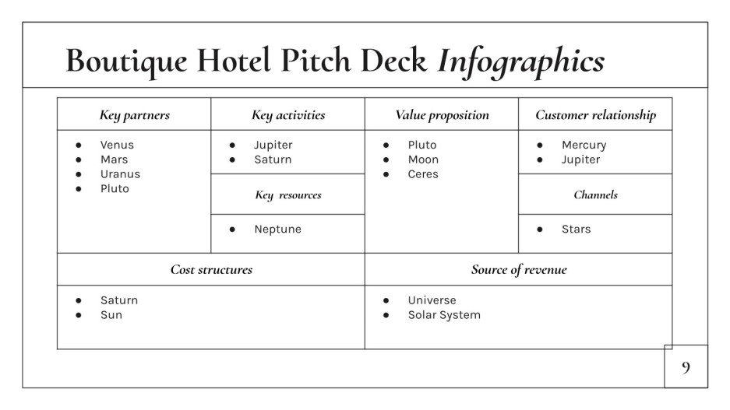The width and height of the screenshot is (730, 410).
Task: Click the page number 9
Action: tap(686, 367)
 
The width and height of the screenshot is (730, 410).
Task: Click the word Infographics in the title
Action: tap(521, 61)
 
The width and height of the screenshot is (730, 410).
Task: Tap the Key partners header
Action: tap(134, 115)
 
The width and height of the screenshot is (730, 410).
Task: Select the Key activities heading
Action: tap(288, 115)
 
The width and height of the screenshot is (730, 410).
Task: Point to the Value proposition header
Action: tap(442, 115)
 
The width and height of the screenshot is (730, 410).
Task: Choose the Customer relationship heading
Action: tap(595, 115)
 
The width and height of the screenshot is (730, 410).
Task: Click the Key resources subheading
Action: tap(288, 194)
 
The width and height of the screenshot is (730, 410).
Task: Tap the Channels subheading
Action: tap(595, 194)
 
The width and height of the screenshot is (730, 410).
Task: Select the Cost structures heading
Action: tap(211, 270)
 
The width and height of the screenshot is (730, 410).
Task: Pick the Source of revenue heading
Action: tap(519, 270)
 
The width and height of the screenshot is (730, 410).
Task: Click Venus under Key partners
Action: tap(117, 145)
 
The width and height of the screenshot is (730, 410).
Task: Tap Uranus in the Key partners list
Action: tap(120, 174)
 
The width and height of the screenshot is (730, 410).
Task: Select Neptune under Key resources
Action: tap(277, 230)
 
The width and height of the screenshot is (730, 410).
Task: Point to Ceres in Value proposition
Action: tap(423, 174)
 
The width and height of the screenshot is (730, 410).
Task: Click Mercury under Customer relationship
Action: tap(584, 145)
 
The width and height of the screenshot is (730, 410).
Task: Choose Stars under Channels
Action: tap(576, 230)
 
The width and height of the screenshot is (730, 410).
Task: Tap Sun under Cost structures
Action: tap(111, 315)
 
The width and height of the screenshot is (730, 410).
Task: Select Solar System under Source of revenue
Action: tap(444, 315)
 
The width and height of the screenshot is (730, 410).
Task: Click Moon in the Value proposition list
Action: tap(423, 159)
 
